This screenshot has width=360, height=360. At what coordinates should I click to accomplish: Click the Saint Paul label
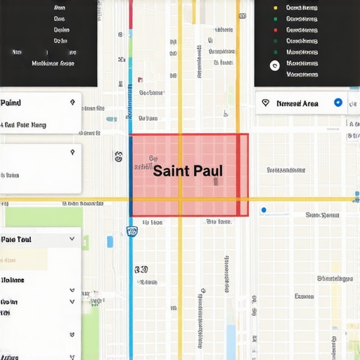pyautogui.click(x=188, y=171)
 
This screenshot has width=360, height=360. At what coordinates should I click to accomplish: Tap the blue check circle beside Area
pyautogui.click(x=338, y=103)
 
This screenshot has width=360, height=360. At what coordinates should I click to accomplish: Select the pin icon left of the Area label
pyautogui.click(x=265, y=103)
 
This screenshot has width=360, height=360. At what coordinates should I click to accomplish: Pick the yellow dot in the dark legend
pyautogui.click(x=275, y=8)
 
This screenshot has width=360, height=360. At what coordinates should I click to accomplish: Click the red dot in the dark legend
pyautogui.click(x=275, y=30)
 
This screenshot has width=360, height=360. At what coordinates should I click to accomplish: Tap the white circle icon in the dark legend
pyautogui.click(x=275, y=65)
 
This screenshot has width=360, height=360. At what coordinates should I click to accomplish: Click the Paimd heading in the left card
pyautogui.click(x=11, y=103)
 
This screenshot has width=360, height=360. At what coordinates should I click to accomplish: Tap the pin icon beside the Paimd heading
pyautogui.click(x=72, y=103)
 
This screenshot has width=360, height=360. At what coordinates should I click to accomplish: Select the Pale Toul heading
pyautogui.click(x=16, y=239)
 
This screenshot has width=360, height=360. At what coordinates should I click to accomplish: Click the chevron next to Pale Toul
pyautogui.click(x=72, y=239)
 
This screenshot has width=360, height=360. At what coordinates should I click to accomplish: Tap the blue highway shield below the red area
pyautogui.click(x=131, y=231)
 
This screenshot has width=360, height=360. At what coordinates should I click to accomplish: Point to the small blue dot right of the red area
pyautogui.click(x=264, y=210)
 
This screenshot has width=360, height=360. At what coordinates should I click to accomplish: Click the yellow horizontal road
pyautogui.click(x=302, y=200)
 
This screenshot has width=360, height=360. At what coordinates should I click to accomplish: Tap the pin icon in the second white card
pyautogui.click(x=72, y=153)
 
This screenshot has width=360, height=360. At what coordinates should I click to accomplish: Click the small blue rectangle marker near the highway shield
pyautogui.click(x=110, y=241)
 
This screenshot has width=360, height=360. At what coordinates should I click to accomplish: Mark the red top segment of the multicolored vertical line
pyautogui.click(x=131, y=14)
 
